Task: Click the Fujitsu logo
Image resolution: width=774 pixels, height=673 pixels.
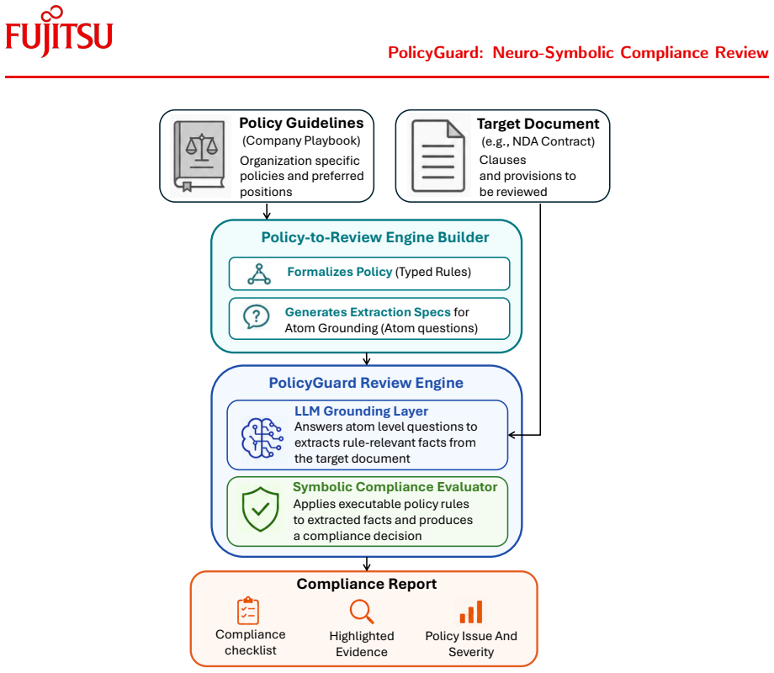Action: pyautogui.click(x=59, y=32)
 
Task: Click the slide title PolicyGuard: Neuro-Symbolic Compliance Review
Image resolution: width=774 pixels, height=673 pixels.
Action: pyautogui.click(x=578, y=53)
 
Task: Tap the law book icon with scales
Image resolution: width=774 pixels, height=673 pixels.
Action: pyautogui.click(x=200, y=156)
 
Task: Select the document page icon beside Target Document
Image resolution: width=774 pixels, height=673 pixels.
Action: pyautogui.click(x=438, y=156)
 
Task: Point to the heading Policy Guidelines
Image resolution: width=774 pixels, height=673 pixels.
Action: pyautogui.click(x=301, y=123)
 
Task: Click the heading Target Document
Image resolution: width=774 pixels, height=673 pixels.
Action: pyautogui.click(x=538, y=124)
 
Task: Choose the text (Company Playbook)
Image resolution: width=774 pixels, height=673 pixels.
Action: pyautogui.click(x=301, y=140)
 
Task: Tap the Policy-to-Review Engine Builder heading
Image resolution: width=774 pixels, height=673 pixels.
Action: pyautogui.click(x=375, y=237)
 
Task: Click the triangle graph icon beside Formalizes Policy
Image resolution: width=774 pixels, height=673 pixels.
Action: pyautogui.click(x=259, y=274)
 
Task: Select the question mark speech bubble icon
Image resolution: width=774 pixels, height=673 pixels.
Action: pyautogui.click(x=257, y=317)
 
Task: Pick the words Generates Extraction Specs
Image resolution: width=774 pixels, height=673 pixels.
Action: pyautogui.click(x=368, y=312)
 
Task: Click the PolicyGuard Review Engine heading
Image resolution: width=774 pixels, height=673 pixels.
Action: pyautogui.click(x=366, y=383)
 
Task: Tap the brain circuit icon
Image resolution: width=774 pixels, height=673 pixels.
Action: pyautogui.click(x=262, y=437)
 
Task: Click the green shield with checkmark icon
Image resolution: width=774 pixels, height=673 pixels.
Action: pyautogui.click(x=261, y=509)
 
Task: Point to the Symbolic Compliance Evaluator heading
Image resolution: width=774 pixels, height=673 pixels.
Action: pyautogui.click(x=395, y=487)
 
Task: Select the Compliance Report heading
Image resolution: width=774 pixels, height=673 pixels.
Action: pyautogui.click(x=366, y=584)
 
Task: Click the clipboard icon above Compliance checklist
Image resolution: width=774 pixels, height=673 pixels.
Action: pyautogui.click(x=248, y=611)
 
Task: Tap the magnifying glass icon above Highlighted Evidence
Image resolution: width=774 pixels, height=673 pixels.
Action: pyautogui.click(x=362, y=612)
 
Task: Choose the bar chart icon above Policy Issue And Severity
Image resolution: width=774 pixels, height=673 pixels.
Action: pyautogui.click(x=471, y=612)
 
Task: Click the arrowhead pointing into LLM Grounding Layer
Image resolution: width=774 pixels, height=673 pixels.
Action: pyautogui.click(x=512, y=435)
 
